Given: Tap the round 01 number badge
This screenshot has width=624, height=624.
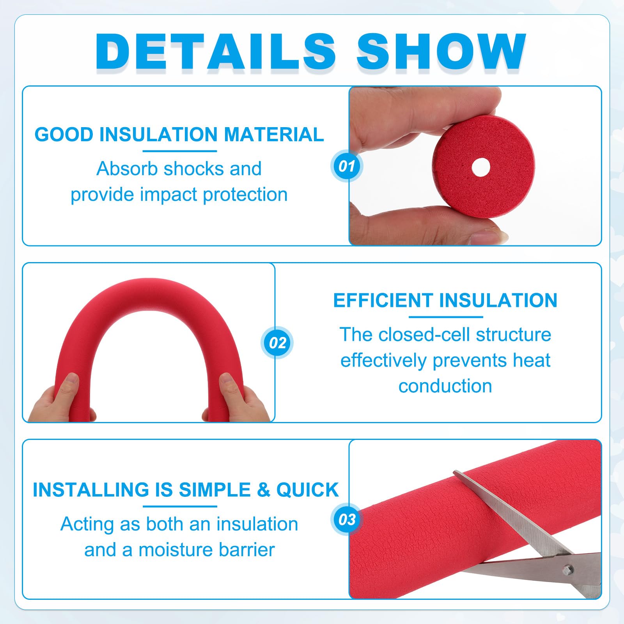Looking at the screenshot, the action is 347,166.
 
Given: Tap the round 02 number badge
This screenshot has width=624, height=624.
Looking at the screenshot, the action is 277,343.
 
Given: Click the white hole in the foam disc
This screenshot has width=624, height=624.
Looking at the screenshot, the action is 481,167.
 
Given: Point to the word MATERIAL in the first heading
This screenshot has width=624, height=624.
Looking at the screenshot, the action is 274,135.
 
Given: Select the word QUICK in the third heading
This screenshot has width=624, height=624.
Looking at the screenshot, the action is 307,490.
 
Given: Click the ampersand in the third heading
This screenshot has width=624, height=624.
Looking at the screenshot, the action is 264,490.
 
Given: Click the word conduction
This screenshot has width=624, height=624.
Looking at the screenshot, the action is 445,386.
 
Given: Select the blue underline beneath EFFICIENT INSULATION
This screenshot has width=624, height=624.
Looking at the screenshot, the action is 446,317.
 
